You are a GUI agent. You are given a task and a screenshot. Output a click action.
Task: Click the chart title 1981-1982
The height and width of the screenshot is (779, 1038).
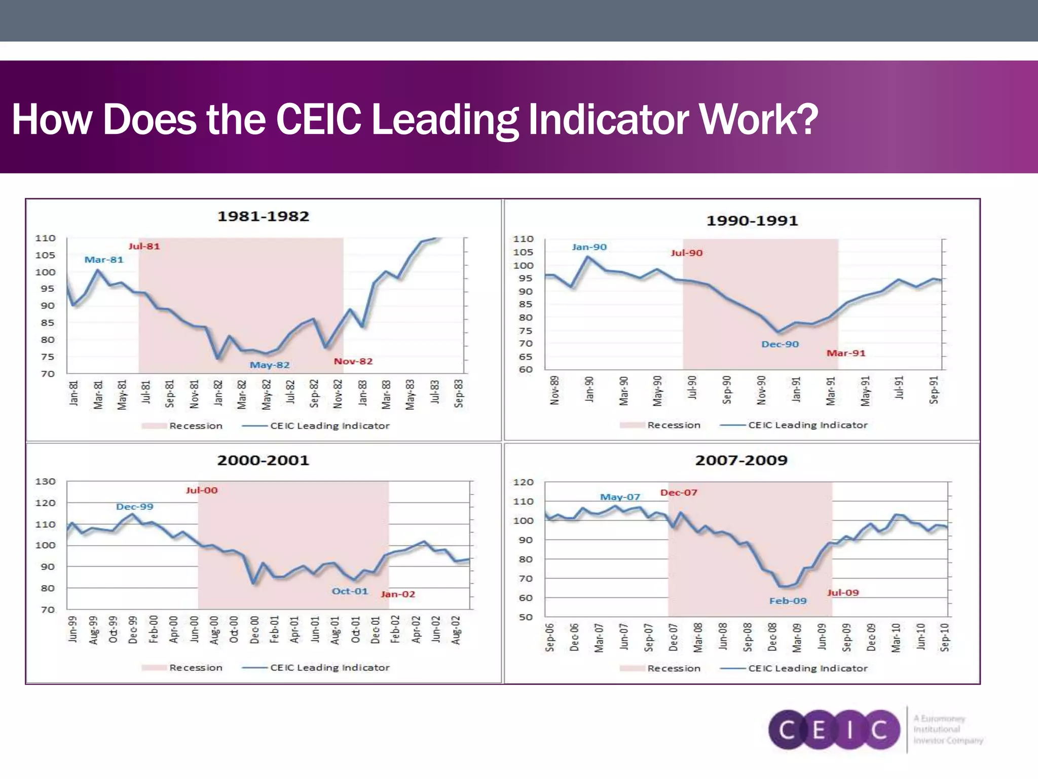[x=263, y=217]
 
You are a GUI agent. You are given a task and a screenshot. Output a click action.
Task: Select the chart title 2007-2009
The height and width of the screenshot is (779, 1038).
[x=741, y=461]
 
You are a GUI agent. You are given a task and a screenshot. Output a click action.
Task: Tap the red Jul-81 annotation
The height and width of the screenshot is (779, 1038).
[x=144, y=246]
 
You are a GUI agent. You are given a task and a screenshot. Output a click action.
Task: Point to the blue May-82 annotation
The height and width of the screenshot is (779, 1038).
[x=270, y=365]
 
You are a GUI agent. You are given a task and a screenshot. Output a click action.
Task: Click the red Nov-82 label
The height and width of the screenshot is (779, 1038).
[x=353, y=362]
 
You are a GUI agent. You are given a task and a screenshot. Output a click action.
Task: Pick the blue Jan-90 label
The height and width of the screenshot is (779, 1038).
[x=589, y=247]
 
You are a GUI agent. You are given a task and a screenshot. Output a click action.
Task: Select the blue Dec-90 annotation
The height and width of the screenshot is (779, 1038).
[x=780, y=344]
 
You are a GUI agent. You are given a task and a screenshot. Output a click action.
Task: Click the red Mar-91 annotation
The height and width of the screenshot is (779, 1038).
[x=845, y=353]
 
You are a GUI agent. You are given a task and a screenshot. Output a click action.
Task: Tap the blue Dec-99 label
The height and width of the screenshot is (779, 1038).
[x=134, y=507]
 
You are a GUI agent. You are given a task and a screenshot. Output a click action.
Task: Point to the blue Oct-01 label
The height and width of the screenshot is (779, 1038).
[x=350, y=591]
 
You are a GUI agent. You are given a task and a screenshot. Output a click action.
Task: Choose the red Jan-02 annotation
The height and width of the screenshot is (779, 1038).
[x=398, y=594]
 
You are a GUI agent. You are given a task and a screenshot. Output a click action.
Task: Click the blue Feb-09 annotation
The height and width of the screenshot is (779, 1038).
[x=788, y=601]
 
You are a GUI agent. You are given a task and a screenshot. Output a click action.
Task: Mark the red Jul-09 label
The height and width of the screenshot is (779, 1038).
[x=843, y=593]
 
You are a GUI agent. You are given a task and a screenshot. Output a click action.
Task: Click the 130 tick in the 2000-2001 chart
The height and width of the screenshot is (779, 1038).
[x=45, y=482]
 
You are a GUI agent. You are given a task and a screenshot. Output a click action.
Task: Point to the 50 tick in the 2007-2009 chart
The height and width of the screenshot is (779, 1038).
[x=526, y=617]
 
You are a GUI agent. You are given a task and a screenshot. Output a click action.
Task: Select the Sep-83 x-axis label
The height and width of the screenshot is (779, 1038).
[x=459, y=393]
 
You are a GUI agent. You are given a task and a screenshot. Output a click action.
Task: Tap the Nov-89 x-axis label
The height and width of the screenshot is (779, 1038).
[x=554, y=390]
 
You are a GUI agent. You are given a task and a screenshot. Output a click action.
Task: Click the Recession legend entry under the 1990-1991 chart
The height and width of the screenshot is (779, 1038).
[x=673, y=426]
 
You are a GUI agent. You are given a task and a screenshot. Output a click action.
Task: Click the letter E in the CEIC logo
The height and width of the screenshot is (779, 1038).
[x=819, y=730]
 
